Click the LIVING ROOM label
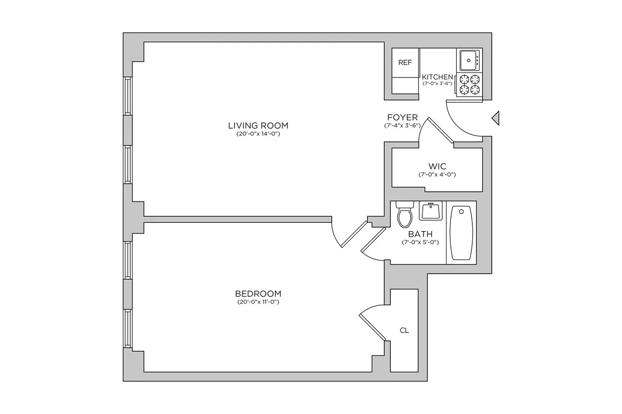255,126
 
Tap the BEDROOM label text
258,294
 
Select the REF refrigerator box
405,63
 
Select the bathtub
461,233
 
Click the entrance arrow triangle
495,117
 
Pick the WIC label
437,166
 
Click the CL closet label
404,331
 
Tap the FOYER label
403,117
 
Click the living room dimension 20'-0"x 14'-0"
255,134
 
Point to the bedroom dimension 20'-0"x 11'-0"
258,302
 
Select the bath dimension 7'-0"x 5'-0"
420,242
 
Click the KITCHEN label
437,77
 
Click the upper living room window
127,96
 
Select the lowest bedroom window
127,328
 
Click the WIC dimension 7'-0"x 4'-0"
437,174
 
